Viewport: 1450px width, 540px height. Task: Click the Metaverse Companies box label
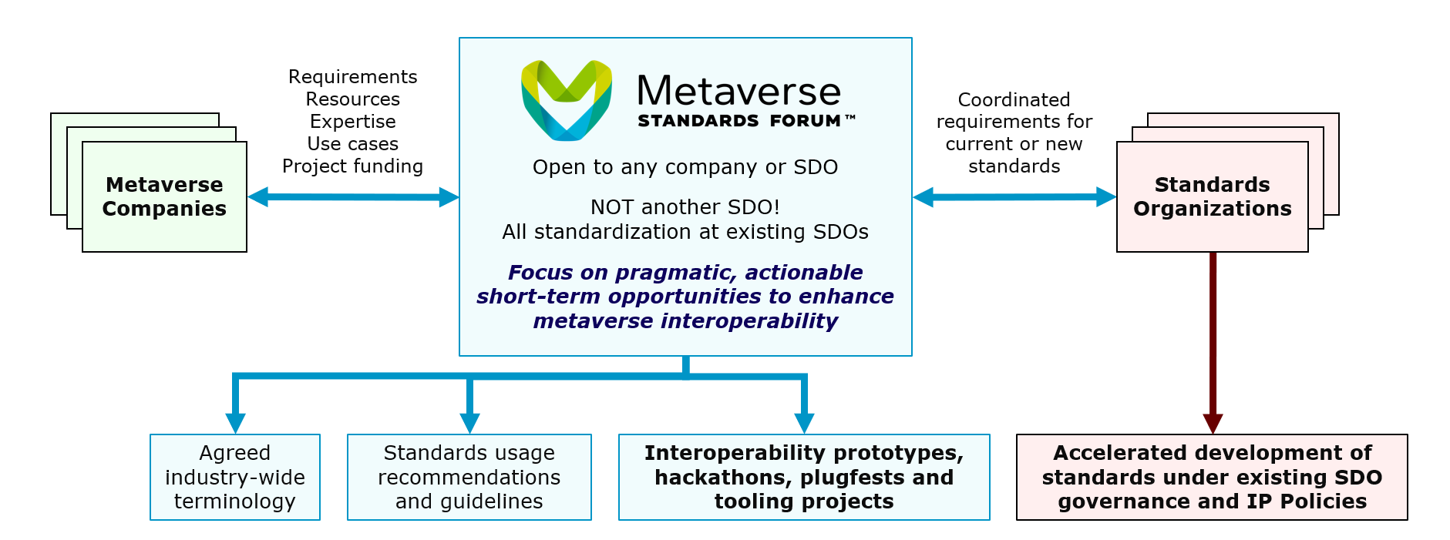[164, 196]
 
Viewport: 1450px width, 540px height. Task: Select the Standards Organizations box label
[1213, 196]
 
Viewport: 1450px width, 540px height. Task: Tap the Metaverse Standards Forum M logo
[567, 100]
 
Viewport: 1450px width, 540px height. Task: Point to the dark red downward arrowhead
[1213, 423]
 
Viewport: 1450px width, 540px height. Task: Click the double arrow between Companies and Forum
[353, 197]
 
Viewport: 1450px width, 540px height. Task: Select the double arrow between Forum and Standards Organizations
[1014, 197]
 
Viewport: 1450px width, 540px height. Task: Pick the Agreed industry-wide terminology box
[235, 477]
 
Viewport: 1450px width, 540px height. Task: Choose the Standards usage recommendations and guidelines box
[469, 477]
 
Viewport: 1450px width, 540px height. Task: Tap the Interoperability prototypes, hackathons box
[804, 477]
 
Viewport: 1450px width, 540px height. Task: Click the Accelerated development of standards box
[1212, 477]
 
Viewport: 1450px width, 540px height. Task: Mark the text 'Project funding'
[352, 166]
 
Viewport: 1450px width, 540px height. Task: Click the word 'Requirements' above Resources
[352, 77]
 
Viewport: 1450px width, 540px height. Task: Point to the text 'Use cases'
[352, 144]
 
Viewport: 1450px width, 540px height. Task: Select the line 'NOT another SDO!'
[685, 207]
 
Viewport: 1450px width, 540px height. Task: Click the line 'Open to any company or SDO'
[685, 167]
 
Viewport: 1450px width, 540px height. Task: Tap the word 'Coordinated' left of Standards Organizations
[1014, 99]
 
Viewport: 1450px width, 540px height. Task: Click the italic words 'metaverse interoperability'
[685, 320]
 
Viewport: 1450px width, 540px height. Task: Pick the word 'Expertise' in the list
[352, 122]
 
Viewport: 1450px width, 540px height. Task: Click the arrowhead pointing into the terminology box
[235, 423]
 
